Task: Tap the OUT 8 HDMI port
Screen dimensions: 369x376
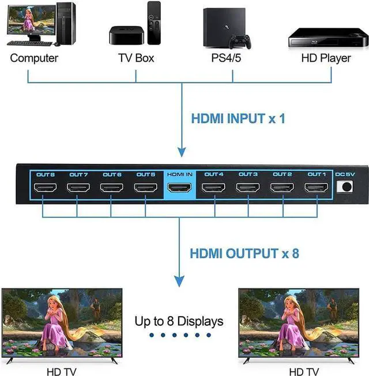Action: (44, 187)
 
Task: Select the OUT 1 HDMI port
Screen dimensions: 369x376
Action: (316, 187)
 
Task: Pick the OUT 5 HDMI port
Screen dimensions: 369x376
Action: (145, 187)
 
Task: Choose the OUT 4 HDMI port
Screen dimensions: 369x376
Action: (213, 187)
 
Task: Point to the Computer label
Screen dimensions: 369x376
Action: (34, 58)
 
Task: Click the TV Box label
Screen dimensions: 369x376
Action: (135, 58)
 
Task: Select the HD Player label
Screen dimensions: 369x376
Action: (327, 58)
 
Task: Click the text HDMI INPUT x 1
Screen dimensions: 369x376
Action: (238, 120)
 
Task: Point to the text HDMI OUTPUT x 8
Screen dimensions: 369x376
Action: (244, 253)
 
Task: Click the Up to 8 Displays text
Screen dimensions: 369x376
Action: (179, 321)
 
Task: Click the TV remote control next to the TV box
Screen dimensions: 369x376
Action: (153, 23)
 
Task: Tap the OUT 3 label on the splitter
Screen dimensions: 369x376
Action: (248, 174)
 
